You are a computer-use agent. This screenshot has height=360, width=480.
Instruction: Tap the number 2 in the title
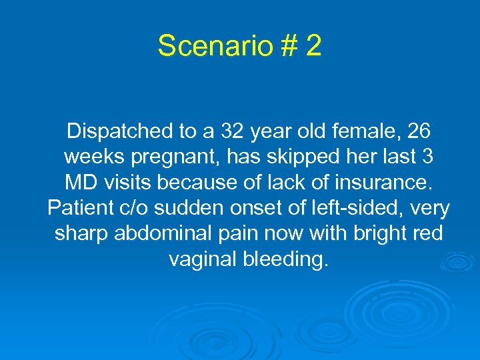point(313,46)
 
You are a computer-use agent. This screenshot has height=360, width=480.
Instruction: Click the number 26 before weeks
point(420,133)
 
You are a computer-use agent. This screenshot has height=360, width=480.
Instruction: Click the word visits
point(135,183)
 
